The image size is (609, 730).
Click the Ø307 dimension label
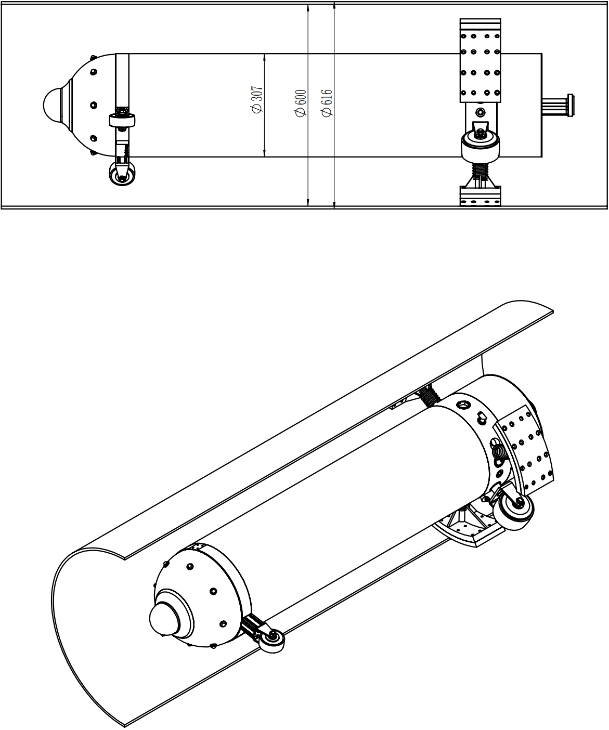pyautogui.click(x=257, y=100)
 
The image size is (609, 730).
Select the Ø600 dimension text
pyautogui.click(x=301, y=103)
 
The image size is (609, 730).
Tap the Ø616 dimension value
pyautogui.click(x=327, y=103)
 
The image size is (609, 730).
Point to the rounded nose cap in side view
pyautogui.click(x=53, y=105)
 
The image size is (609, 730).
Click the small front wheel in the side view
pyautogui.click(x=122, y=174)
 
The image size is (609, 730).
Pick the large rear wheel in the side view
pyautogui.click(x=481, y=146)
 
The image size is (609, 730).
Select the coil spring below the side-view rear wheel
pyautogui.click(x=480, y=171)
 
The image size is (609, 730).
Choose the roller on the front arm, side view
pyautogui.click(x=122, y=120)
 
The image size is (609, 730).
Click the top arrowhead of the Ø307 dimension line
pyautogui.click(x=264, y=57)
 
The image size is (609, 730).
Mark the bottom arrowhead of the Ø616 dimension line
pyautogui.click(x=334, y=204)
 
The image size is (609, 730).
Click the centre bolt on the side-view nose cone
pyautogui.click(x=94, y=105)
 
